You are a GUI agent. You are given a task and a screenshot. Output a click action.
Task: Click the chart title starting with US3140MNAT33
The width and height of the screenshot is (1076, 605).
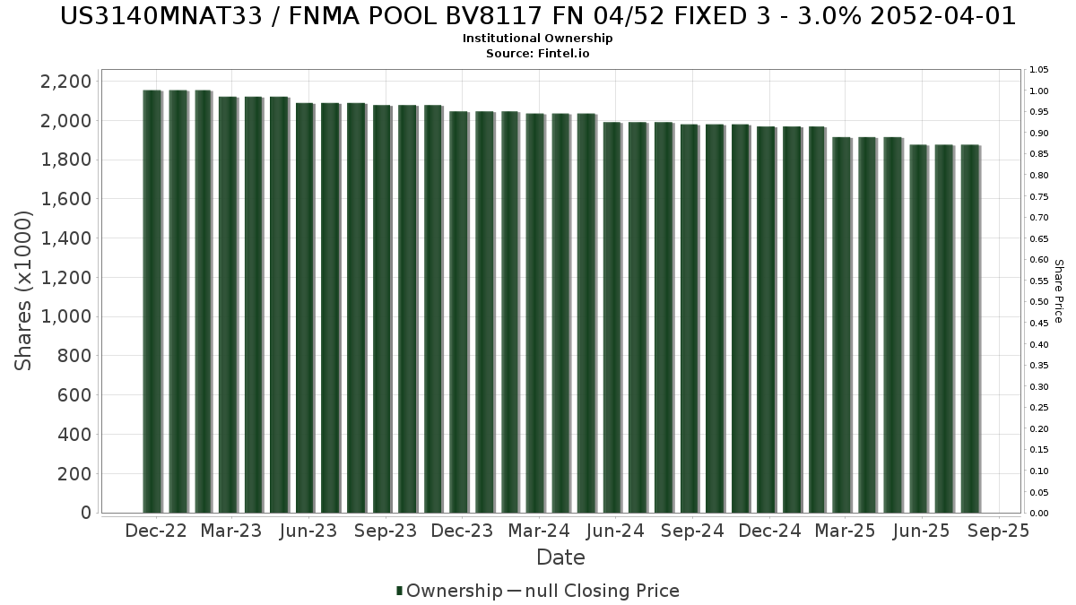tap(538, 17)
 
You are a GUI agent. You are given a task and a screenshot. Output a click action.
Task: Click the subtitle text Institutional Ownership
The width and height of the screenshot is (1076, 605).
tap(538, 39)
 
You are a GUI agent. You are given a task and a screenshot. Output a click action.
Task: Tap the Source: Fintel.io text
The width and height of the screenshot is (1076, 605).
tap(538, 53)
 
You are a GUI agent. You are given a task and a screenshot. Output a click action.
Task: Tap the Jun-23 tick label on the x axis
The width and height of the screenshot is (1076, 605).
tap(308, 531)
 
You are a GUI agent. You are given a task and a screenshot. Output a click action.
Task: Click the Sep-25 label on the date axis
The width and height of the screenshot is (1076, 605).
tap(998, 531)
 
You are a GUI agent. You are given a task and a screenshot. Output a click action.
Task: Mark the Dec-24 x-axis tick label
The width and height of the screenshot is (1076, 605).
tap(769, 531)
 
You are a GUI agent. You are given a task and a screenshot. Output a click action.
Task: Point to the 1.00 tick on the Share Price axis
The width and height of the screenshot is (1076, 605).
tap(1039, 91)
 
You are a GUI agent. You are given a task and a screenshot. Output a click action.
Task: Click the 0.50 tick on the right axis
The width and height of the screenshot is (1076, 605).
tap(1039, 302)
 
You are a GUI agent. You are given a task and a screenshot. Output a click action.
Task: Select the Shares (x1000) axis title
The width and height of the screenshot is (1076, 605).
tap(24, 290)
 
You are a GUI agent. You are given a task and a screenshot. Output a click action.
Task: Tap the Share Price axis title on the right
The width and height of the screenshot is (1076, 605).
tap(1058, 290)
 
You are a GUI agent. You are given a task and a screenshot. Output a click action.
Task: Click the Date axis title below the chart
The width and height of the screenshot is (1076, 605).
tap(560, 557)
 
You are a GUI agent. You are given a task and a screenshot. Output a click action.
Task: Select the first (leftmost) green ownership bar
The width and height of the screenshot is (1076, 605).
tap(152, 301)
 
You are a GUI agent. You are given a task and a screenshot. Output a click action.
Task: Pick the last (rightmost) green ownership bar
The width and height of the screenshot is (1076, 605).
tap(969, 328)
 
